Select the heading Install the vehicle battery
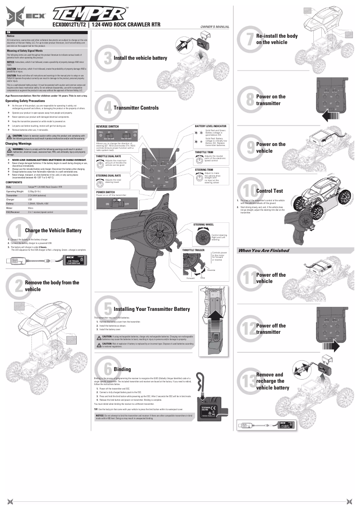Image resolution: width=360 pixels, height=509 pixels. (140, 58)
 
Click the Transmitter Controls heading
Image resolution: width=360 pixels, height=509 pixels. (136, 108)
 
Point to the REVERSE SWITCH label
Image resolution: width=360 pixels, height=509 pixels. (107, 127)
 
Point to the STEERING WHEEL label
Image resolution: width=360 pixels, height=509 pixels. (203, 224)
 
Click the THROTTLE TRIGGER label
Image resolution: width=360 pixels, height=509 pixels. (193, 256)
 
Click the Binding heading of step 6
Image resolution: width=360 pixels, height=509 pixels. (122, 369)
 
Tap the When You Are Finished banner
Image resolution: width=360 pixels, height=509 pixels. (263, 250)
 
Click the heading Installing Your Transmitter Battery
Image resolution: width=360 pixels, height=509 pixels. (152, 309)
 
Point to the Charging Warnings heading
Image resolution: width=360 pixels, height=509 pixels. (18, 144)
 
